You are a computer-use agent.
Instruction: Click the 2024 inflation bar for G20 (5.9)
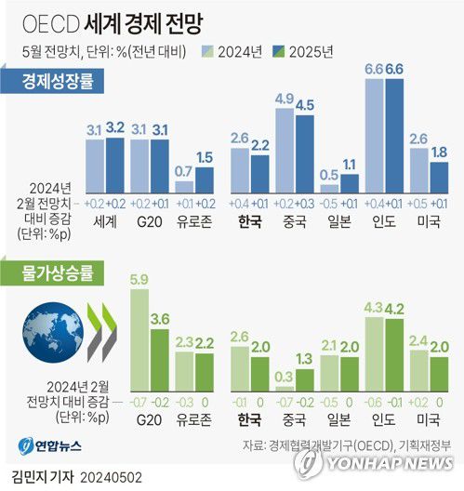(x=140, y=338)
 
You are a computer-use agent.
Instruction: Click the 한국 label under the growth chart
(x=249, y=223)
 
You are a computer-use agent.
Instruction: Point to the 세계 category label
(x=105, y=223)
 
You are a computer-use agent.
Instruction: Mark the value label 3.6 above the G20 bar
(x=159, y=319)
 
